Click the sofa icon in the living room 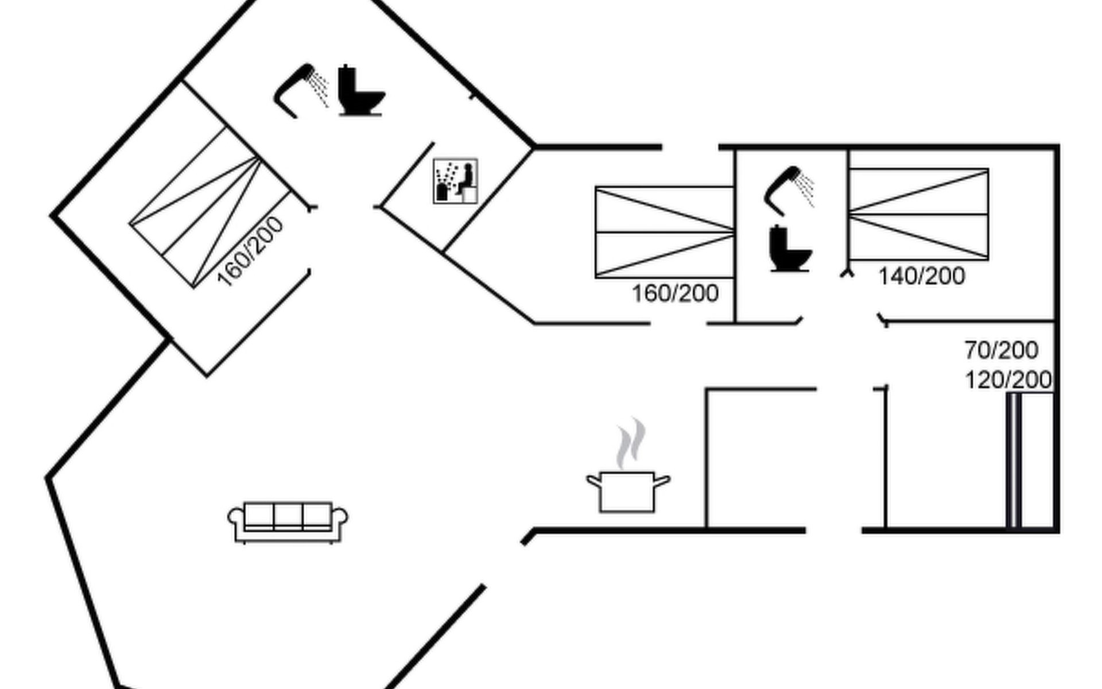tap(288, 522)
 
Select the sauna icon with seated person tap(455, 181)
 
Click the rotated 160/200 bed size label tap(250, 251)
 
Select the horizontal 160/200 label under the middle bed tap(675, 293)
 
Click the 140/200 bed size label tap(922, 276)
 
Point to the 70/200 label tap(1001, 350)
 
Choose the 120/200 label tap(1008, 380)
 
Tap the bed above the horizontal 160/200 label tap(665, 232)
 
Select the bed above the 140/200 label tap(918, 214)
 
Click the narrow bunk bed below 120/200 tap(1014, 459)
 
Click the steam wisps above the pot tap(631, 442)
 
